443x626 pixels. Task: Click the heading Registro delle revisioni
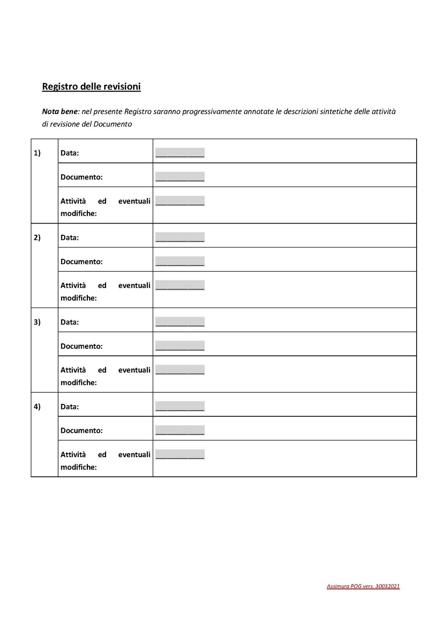click(91, 87)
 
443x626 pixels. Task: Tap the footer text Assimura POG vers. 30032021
click(363, 586)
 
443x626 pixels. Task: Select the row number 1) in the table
click(37, 153)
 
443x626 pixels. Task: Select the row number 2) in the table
click(37, 237)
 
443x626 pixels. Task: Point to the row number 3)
click(37, 322)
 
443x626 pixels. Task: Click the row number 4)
click(37, 406)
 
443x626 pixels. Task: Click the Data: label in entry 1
click(70, 153)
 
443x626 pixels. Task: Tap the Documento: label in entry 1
click(82, 177)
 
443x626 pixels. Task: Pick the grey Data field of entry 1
click(180, 153)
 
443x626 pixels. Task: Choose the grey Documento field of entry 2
click(180, 261)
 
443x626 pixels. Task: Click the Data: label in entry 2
click(70, 237)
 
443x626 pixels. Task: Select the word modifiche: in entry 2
click(79, 298)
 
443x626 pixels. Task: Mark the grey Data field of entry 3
click(180, 321)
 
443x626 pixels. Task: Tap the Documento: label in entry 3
click(82, 346)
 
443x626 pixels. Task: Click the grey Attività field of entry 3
click(180, 369)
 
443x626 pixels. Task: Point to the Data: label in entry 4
click(70, 406)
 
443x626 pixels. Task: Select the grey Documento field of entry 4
click(180, 430)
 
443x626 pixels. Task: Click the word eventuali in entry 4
click(134, 454)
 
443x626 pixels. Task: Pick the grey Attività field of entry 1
click(180, 201)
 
